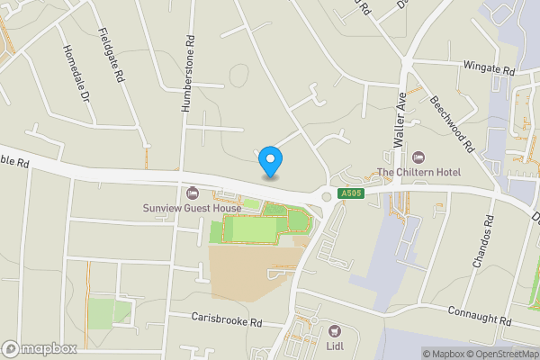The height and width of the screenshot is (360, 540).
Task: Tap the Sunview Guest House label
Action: tap(192, 209)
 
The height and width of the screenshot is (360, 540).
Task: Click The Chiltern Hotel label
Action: tap(418, 172)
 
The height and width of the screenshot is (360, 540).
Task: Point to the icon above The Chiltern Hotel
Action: tap(418, 157)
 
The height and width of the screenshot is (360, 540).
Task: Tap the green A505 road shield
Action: tap(350, 193)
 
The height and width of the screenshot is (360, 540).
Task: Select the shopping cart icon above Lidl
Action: tap(335, 331)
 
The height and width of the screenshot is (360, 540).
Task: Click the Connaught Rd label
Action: tap(480, 316)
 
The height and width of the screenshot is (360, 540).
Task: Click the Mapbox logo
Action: tap(39, 349)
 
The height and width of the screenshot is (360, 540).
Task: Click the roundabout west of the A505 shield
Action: tap(326, 196)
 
